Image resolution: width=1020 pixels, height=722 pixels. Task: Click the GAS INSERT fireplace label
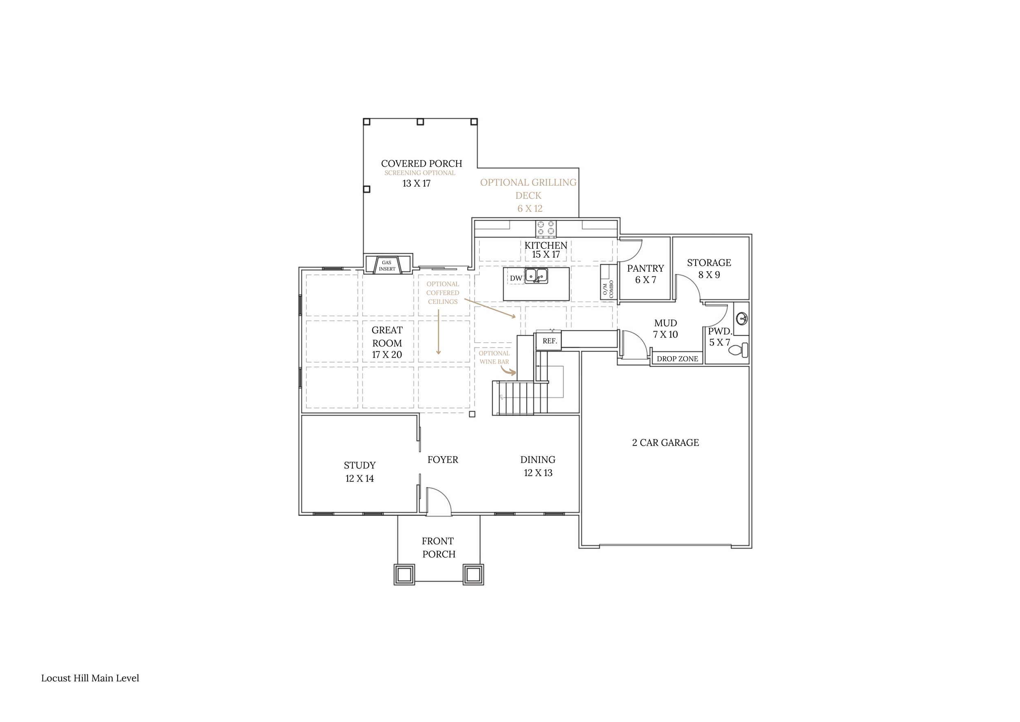click(387, 266)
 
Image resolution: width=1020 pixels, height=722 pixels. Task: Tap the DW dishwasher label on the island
click(516, 279)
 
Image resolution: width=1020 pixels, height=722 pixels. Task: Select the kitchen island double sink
click(536, 276)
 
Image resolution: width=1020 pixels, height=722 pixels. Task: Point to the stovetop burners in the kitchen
click(545, 229)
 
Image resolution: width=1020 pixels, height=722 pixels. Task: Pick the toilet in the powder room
click(738, 350)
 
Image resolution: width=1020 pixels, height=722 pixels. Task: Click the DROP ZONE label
click(677, 359)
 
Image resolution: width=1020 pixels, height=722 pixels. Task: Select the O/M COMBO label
click(608, 290)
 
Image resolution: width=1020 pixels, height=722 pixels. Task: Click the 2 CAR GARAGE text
click(665, 442)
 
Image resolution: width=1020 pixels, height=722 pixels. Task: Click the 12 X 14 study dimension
click(359, 478)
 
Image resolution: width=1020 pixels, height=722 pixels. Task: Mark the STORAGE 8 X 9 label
click(709, 269)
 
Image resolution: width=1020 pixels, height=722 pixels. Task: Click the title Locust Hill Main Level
click(90, 678)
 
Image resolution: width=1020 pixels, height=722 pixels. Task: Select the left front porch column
click(404, 575)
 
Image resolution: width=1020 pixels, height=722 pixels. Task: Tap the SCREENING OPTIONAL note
click(420, 173)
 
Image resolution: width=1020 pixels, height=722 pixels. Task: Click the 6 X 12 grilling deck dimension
click(530, 209)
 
